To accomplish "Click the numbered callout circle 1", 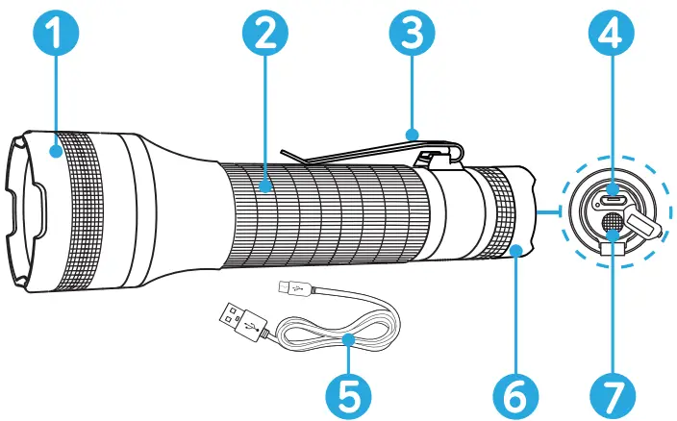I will (x=55, y=41).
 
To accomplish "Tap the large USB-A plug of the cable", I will (x=237, y=318).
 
